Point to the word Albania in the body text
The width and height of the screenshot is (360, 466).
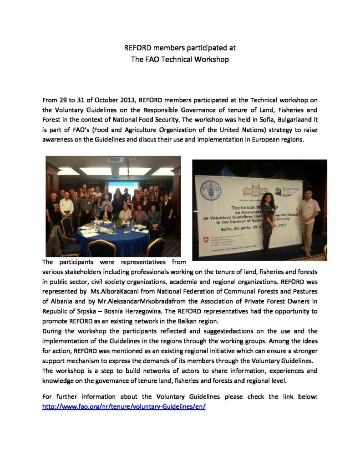pos(61,300)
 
